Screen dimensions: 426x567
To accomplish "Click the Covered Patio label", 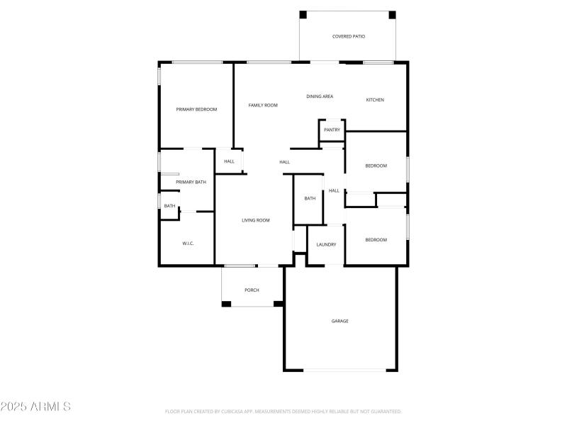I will pyautogui.click(x=349, y=36).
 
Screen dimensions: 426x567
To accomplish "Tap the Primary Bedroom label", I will pyautogui.click(x=196, y=109).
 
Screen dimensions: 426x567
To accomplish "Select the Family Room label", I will pyautogui.click(x=263, y=105).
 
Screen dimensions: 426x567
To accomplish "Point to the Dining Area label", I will pyautogui.click(x=320, y=97).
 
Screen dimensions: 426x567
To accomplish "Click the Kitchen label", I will pyautogui.click(x=375, y=100).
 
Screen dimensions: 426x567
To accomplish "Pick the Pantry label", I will pyautogui.click(x=332, y=130).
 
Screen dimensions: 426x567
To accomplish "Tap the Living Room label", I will pyautogui.click(x=256, y=221).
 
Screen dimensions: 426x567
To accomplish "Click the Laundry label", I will pyautogui.click(x=326, y=245).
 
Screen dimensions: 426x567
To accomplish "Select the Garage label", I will pyautogui.click(x=340, y=321).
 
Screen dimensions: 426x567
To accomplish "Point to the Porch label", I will pyautogui.click(x=252, y=290).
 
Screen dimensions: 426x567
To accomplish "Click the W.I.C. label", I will pyautogui.click(x=188, y=244).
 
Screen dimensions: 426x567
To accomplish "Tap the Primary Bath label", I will pyautogui.click(x=191, y=182).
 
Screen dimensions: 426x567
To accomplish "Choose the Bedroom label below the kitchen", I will pyautogui.click(x=376, y=166).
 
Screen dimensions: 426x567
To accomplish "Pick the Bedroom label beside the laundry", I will pyautogui.click(x=376, y=240).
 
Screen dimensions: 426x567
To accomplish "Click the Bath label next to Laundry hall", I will pyautogui.click(x=310, y=199).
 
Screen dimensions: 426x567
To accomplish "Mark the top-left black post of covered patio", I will pyautogui.click(x=303, y=14).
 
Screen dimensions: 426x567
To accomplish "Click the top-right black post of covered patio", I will pyautogui.click(x=392, y=14).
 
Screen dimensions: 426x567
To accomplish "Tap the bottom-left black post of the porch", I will pyautogui.click(x=226, y=304).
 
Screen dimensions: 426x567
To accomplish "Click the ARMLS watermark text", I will pyautogui.click(x=35, y=407).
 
